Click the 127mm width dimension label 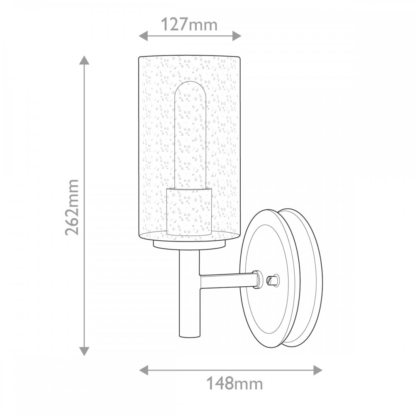189,24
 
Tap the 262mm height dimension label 72,207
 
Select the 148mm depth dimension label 234,383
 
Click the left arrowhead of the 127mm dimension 144,36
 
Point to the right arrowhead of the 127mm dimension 237,36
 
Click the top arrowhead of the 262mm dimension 84,60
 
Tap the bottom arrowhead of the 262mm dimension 84,351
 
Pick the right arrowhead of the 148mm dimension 317,370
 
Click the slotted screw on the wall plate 273,279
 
